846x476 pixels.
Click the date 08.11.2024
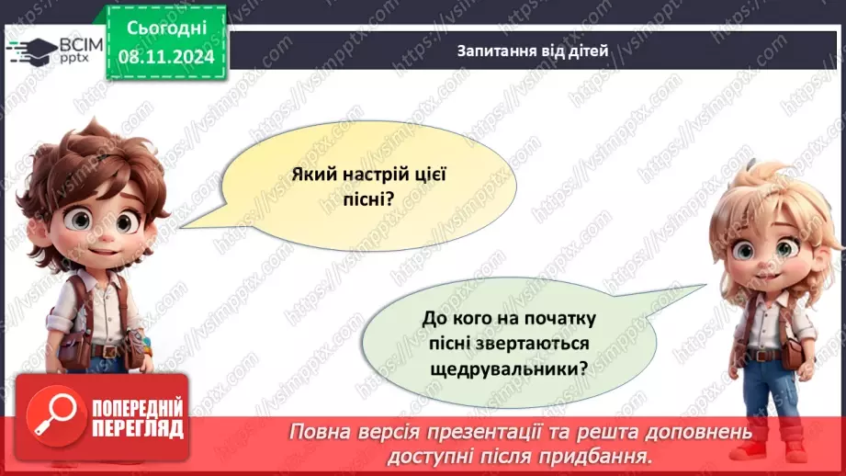(165, 56)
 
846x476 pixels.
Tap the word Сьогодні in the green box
(165, 28)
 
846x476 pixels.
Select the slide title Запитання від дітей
(533, 51)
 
